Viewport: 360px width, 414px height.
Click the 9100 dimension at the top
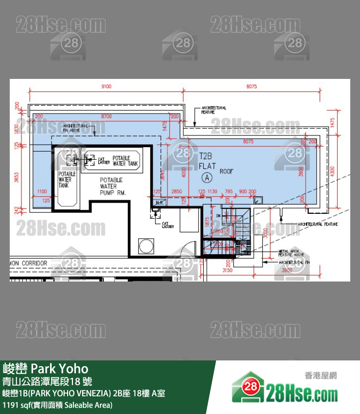[106, 87]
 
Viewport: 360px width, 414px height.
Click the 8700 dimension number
[106, 116]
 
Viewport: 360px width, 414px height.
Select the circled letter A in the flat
[208, 177]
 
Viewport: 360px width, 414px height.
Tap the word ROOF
[227, 171]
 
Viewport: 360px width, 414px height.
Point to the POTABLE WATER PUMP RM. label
[113, 187]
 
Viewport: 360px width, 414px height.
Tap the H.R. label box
[159, 202]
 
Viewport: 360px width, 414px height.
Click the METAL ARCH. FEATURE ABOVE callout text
[290, 253]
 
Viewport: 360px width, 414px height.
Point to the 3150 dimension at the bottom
[226, 269]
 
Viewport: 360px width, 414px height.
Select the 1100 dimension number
[42, 191]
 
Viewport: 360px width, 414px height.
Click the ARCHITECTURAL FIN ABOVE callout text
[75, 128]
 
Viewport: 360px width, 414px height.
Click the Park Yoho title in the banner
[46, 368]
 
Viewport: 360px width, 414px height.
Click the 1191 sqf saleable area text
[57, 405]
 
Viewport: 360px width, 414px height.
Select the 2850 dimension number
[176, 191]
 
